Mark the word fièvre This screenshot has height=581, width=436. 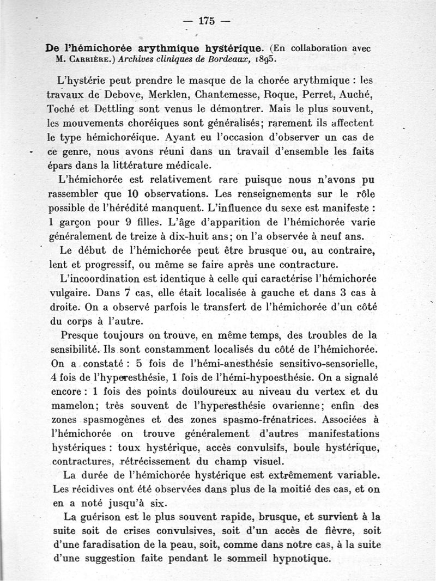point(330,530)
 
